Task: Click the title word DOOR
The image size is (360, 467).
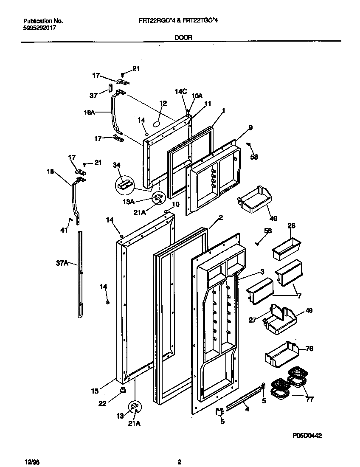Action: pos(183,37)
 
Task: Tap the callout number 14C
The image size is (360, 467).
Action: pos(181,91)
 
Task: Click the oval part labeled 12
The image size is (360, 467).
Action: pos(156,124)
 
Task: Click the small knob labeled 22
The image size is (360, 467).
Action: pos(123,389)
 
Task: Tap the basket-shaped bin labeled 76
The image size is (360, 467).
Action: pos(281,353)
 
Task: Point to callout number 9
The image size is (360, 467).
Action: pos(250,127)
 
